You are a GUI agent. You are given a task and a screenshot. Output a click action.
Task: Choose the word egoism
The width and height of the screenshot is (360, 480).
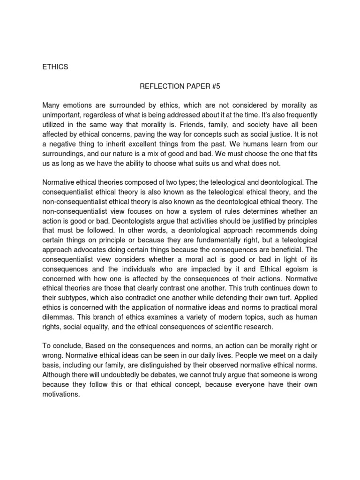click(295, 270)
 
